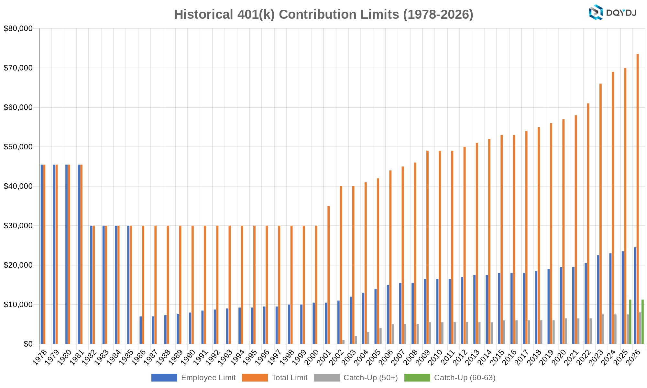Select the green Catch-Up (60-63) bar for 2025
[x=630, y=322]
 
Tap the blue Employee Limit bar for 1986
[x=141, y=330]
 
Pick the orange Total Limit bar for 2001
[x=329, y=275]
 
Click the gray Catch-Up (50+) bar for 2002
[x=344, y=342]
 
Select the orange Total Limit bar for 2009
[x=427, y=247]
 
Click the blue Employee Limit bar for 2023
[x=598, y=299]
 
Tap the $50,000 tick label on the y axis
[x=18, y=147]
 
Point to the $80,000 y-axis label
[x=18, y=28]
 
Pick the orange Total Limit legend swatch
[x=255, y=378]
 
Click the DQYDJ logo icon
[x=596, y=13]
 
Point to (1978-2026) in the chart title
[x=438, y=15]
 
